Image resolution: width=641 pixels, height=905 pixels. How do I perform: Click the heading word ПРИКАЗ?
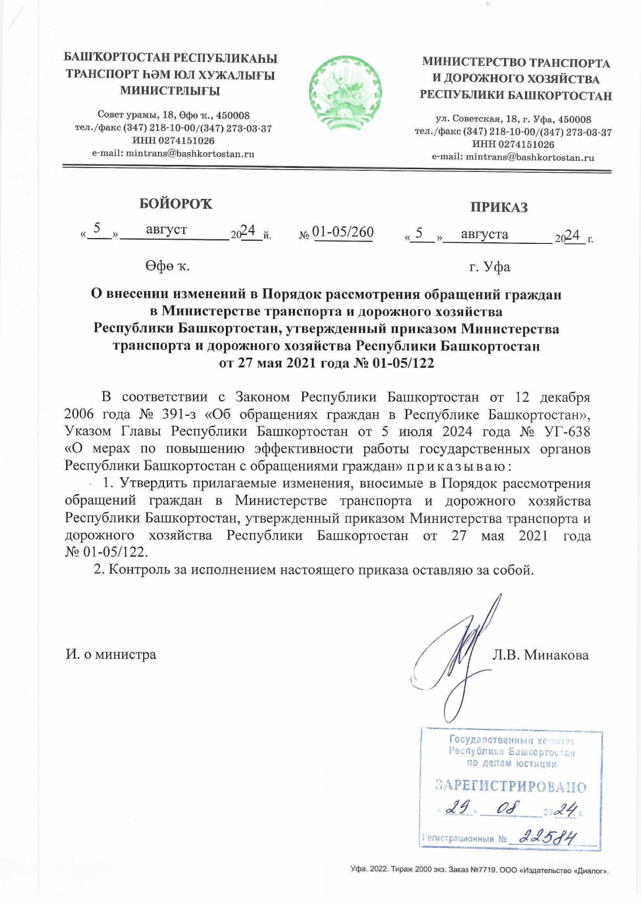(x=499, y=208)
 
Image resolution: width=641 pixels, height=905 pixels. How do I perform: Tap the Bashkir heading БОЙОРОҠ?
(x=176, y=204)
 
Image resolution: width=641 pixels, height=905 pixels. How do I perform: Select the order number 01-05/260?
(x=343, y=232)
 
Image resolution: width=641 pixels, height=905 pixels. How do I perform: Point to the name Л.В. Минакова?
(x=540, y=655)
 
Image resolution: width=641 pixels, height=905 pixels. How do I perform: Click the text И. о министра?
(x=111, y=655)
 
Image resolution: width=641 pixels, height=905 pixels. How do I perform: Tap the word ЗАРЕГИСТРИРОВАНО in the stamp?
(x=511, y=787)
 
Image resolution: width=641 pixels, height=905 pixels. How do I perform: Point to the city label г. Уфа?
(x=490, y=267)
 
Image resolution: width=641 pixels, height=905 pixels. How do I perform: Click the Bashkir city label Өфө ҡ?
(x=167, y=266)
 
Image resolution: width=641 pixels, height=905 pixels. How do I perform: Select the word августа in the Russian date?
(x=484, y=234)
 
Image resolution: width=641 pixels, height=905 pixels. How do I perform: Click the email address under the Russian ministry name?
(x=513, y=157)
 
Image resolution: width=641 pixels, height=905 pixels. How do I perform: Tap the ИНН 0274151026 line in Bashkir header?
(x=173, y=141)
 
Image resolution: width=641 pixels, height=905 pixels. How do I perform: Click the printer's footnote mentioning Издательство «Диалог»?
(x=479, y=870)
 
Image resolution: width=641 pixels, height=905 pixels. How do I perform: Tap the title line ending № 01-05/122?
(x=326, y=364)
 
